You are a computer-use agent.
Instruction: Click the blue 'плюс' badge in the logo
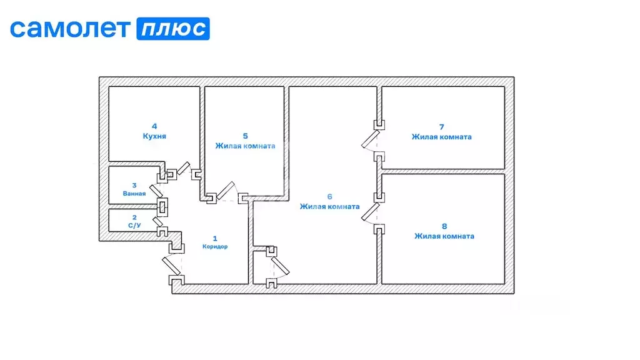173,29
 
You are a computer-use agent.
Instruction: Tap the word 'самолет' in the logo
70,29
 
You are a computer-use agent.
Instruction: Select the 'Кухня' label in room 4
154,136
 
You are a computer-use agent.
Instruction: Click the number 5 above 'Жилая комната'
245,136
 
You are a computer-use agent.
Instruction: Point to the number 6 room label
330,197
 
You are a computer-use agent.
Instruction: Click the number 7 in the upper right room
442,127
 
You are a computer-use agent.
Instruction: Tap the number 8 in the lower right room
444,226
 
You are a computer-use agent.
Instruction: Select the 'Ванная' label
134,194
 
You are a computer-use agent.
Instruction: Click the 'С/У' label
135,225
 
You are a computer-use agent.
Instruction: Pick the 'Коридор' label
215,246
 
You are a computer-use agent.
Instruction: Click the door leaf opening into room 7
370,139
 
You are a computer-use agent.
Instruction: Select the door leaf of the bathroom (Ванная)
156,191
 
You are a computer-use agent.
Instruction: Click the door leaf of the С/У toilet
157,222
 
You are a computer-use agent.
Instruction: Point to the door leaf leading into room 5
226,191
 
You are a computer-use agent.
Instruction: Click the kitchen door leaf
183,168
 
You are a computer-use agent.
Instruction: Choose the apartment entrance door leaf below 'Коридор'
171,265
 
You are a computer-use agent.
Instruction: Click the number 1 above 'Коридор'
215,238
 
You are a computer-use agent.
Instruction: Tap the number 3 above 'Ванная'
134,185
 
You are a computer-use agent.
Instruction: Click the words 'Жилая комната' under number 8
444,236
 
